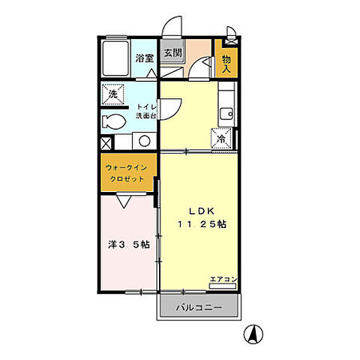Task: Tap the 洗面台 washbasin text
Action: coord(145,117)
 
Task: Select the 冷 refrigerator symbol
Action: coord(223,139)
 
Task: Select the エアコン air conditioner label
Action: coord(223,279)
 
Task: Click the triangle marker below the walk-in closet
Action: coord(124,201)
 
